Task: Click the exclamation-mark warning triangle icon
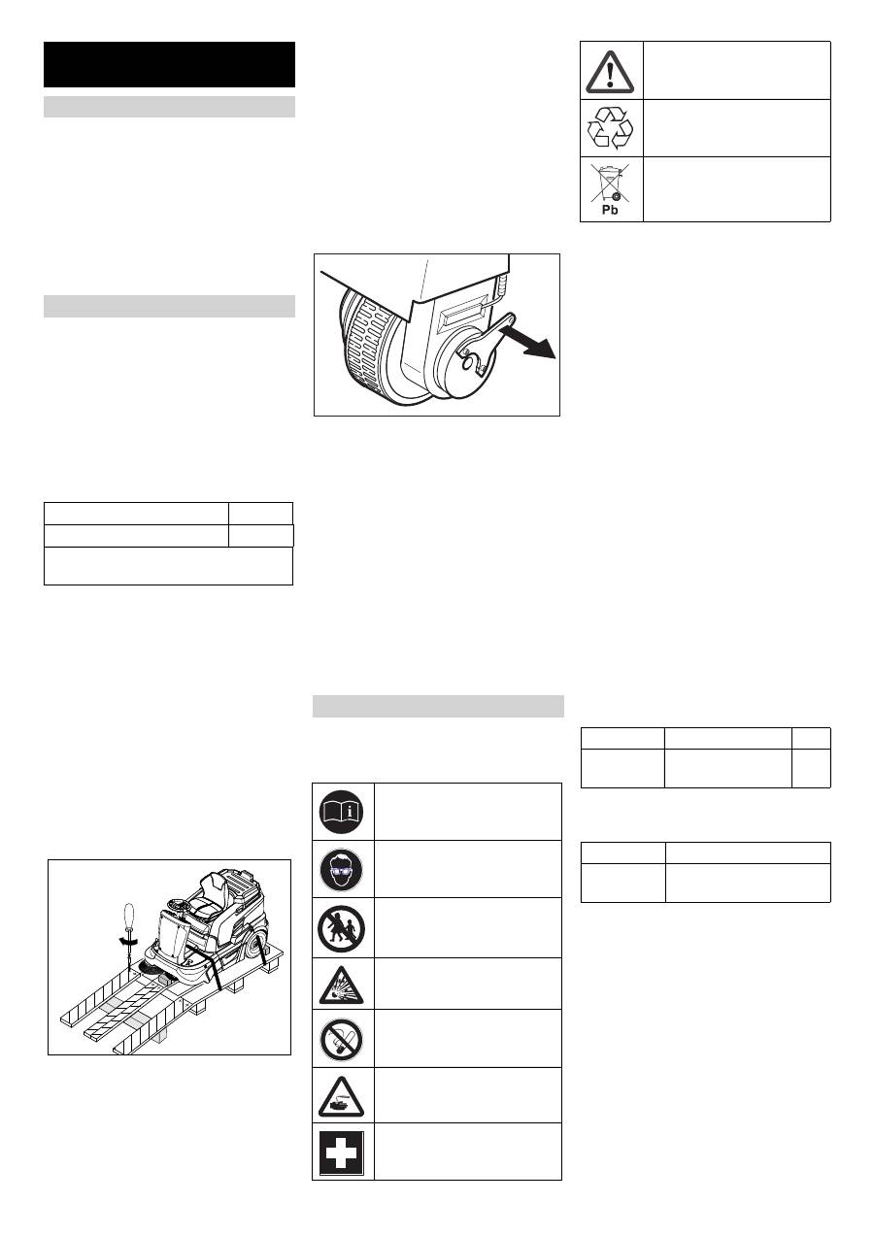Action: click(x=610, y=72)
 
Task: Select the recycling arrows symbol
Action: click(x=610, y=128)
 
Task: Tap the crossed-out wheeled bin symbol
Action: click(x=610, y=183)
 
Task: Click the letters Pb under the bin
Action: click(x=610, y=211)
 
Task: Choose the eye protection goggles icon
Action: click(x=342, y=870)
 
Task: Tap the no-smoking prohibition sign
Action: click(x=342, y=1039)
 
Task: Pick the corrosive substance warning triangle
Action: click(x=342, y=1097)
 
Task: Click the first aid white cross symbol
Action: click(x=342, y=1153)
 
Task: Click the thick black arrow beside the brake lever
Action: click(x=527, y=341)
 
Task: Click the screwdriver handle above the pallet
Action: click(x=128, y=917)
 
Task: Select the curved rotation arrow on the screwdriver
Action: click(x=129, y=944)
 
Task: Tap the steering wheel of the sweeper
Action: click(x=178, y=903)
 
